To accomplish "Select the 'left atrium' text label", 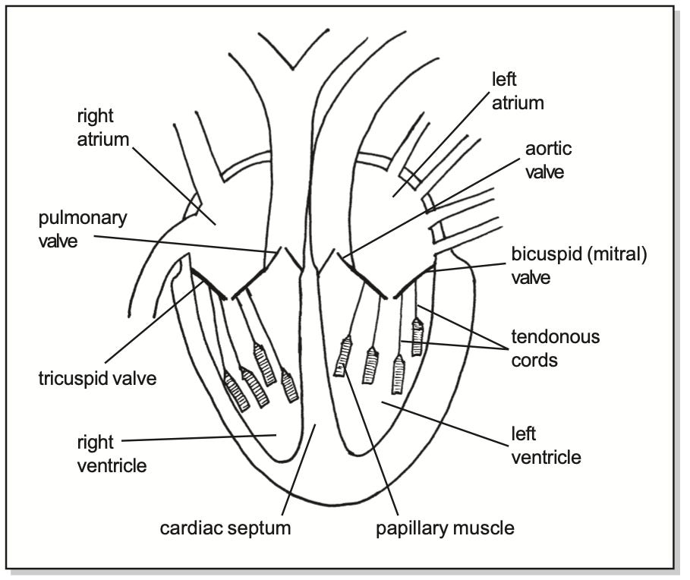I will pos(518,90).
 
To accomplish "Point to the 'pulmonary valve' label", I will pos(83,229).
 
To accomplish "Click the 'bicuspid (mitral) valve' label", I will pos(578,266).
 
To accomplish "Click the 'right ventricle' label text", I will pos(112,453).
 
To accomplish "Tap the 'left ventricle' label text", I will pos(546,446).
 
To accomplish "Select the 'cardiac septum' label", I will pos(225,528).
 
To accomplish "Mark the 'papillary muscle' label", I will pos(445,528).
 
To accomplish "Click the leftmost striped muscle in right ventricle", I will pos(235,391).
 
